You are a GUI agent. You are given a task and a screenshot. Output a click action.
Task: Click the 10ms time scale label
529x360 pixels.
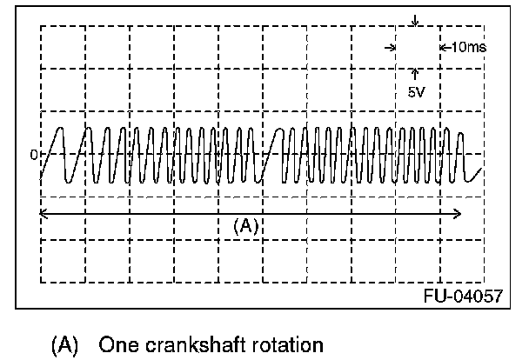tap(469, 47)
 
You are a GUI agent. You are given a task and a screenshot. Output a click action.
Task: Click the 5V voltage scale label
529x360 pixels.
tap(417, 92)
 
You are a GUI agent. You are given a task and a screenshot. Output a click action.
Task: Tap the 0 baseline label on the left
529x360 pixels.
tap(34, 155)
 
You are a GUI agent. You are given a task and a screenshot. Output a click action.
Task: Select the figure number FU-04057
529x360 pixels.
tap(463, 297)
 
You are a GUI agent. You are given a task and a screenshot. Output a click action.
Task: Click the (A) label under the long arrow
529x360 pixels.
tap(245, 226)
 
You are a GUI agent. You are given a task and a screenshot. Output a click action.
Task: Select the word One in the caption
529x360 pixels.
tap(118, 345)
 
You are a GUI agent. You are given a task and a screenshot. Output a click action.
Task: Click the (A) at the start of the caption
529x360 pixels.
tap(64, 345)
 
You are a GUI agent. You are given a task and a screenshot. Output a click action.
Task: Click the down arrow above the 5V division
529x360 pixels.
tap(415, 20)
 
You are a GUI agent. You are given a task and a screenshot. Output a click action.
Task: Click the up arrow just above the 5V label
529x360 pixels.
tap(415, 74)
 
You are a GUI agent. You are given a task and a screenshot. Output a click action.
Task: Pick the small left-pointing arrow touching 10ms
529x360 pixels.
tap(445, 48)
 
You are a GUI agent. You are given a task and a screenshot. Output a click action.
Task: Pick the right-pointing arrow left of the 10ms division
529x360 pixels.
tap(391, 48)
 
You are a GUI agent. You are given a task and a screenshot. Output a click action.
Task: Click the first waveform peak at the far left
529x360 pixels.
tap(60, 128)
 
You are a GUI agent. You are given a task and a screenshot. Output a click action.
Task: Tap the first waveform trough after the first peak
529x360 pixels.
tap(69, 183)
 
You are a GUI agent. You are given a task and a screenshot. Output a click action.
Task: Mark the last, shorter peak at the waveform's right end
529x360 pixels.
tap(460, 134)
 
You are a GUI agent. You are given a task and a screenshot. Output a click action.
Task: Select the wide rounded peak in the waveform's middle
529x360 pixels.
tap(278, 129)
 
